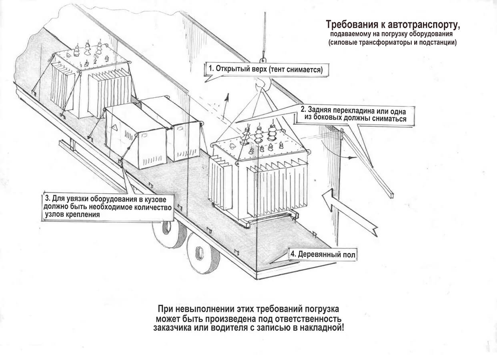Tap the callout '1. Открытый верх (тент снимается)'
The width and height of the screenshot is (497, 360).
click(x=265, y=69)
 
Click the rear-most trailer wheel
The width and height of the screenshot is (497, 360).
click(x=203, y=253)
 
